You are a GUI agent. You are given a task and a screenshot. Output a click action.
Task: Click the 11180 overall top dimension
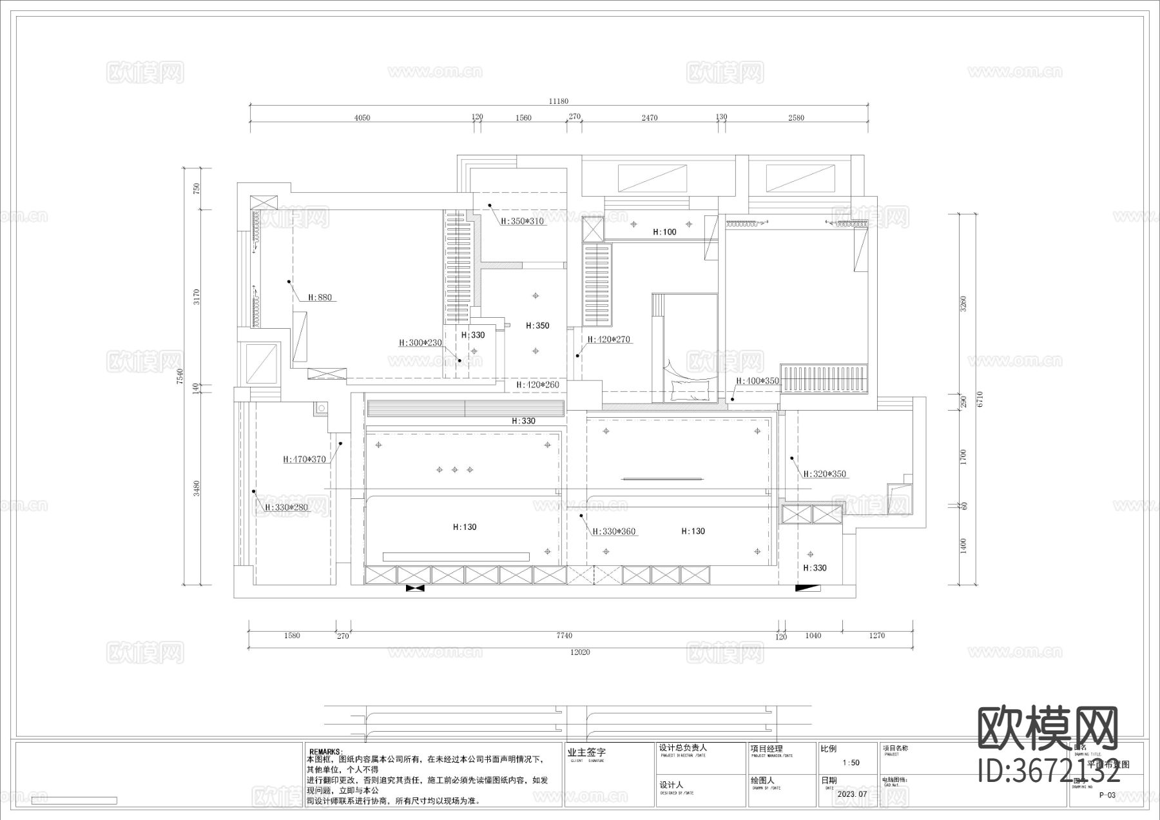pyautogui.click(x=558, y=101)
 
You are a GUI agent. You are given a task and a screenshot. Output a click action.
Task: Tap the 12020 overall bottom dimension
pyautogui.click(x=579, y=652)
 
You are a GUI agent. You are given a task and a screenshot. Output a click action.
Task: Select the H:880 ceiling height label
pyautogui.click(x=320, y=298)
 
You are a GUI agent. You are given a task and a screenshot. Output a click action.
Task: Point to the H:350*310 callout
pyautogui.click(x=522, y=221)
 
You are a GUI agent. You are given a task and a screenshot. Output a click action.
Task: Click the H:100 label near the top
pyautogui.click(x=664, y=232)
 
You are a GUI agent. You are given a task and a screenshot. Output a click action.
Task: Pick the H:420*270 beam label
pyautogui.click(x=608, y=339)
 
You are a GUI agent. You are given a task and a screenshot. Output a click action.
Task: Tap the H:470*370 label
pyautogui.click(x=304, y=460)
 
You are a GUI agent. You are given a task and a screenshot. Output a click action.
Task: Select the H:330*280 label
pyautogui.click(x=287, y=508)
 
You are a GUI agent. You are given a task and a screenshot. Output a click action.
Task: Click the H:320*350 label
pyautogui.click(x=824, y=474)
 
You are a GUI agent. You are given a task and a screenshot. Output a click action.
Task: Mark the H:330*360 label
pyautogui.click(x=614, y=532)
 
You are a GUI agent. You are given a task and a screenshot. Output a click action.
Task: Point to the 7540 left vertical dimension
pyautogui.click(x=180, y=376)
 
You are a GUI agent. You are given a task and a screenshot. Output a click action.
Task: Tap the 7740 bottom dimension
pyautogui.click(x=564, y=636)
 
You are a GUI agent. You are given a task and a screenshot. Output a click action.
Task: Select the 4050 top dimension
pyautogui.click(x=362, y=118)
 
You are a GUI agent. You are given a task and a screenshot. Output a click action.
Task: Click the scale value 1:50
pyautogui.click(x=851, y=763)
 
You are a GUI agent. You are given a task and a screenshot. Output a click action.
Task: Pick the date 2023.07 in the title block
pyautogui.click(x=853, y=794)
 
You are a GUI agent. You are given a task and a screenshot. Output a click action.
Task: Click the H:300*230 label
pyautogui.click(x=420, y=343)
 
